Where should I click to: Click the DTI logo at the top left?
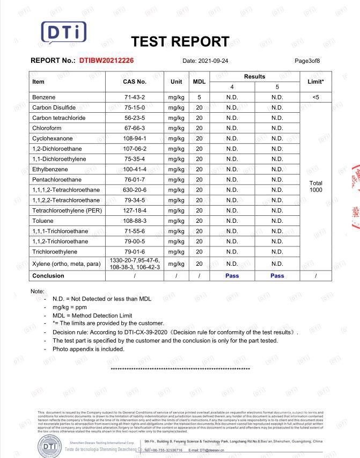pos(63,32)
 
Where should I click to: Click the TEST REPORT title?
pos(180,41)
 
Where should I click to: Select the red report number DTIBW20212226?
pos(106,61)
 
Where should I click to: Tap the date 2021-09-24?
pos(213,61)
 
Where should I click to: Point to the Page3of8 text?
pos(307,61)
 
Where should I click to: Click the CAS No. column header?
pos(134,82)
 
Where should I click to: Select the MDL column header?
pos(199,82)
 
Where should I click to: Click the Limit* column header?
pos(315,82)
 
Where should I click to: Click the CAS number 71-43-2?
pos(134,97)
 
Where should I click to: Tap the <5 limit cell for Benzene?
pos(315,97)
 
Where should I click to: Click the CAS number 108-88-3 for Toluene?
pos(134,221)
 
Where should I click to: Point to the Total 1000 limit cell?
pos(315,186)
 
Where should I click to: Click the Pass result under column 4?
pos(232,275)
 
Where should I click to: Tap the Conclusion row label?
pos(48,275)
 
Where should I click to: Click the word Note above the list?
pos(37,291)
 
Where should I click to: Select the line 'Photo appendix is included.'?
pos(88,349)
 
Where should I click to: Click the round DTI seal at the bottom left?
pos(49,445)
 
